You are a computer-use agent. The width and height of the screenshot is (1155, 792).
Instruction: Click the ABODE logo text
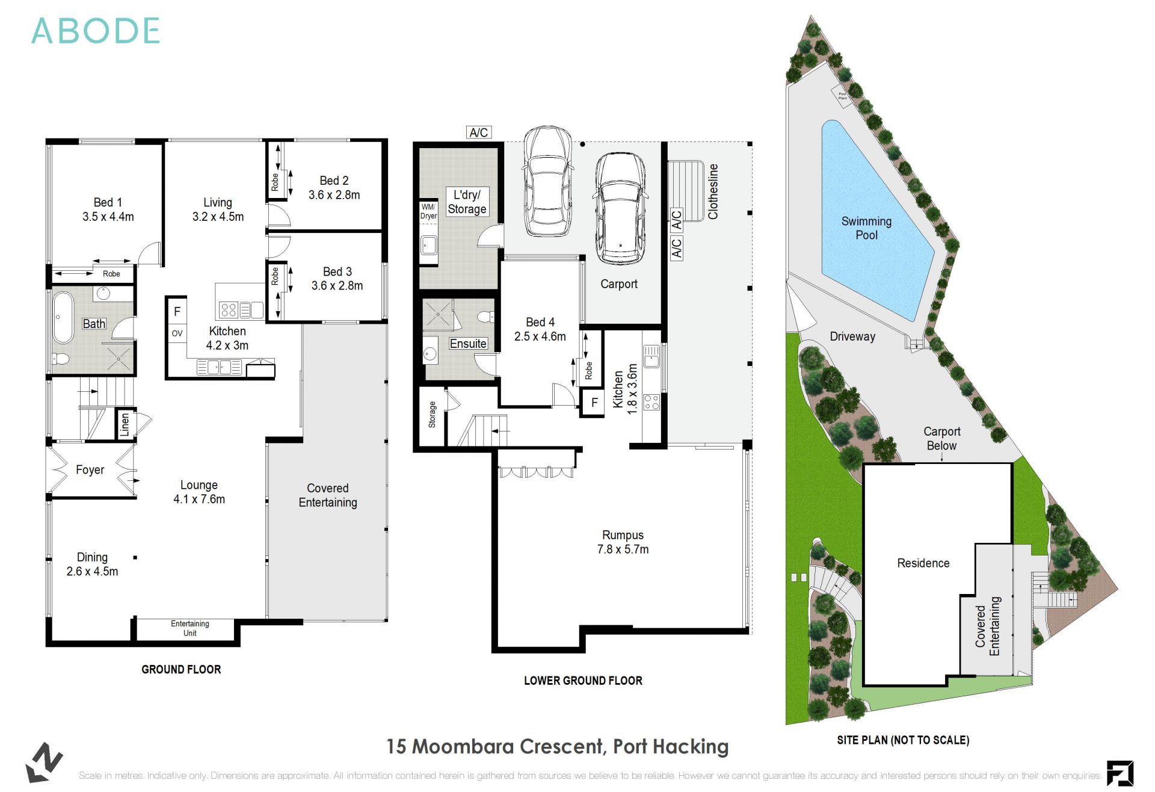click(95, 31)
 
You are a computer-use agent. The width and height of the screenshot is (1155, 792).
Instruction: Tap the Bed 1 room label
click(108, 209)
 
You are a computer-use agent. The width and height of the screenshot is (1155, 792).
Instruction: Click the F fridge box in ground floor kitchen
click(177, 312)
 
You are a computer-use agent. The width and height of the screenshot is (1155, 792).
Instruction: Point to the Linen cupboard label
click(125, 425)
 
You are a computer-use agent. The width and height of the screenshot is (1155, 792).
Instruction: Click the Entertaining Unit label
click(189, 628)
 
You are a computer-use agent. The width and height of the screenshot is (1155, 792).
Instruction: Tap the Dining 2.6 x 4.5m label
click(92, 565)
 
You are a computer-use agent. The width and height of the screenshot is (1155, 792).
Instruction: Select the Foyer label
click(90, 470)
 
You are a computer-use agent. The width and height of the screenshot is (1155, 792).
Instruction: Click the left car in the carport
click(547, 182)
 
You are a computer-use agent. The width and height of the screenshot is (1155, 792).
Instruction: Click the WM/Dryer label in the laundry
click(428, 211)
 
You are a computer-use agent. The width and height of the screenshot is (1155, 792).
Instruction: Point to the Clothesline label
click(713, 191)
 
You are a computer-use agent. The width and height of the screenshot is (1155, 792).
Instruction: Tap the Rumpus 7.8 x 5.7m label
click(623, 542)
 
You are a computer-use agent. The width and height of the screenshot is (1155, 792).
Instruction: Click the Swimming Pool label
click(866, 228)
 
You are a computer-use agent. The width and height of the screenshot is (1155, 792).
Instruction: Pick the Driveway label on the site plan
click(852, 337)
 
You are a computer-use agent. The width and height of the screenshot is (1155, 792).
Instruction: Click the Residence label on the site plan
click(923, 563)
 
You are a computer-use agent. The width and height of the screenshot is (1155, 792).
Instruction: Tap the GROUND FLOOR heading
click(181, 670)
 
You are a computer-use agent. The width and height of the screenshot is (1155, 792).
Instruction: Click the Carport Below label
click(941, 439)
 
